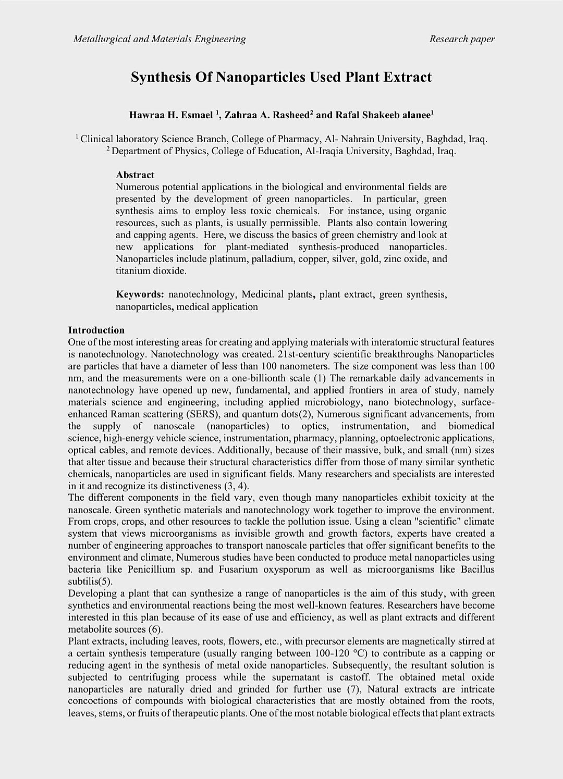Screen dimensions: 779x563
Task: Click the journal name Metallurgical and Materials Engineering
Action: pos(160,39)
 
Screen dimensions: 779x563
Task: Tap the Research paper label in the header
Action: pos(462,39)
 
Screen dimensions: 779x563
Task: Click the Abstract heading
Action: pos(135,175)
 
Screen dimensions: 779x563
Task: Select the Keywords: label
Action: pos(140,294)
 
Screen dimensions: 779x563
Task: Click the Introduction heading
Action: pos(96,330)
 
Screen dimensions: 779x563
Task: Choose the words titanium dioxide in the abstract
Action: pos(151,271)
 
